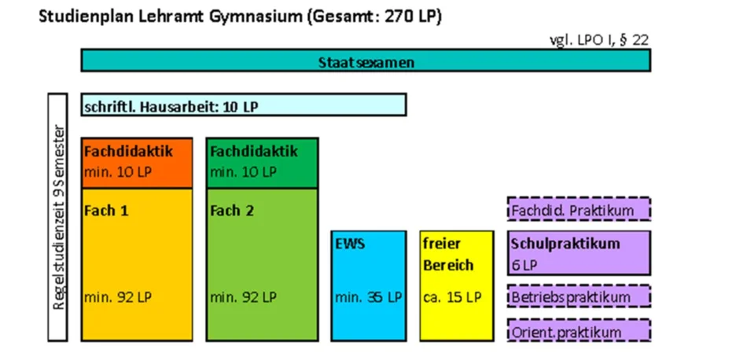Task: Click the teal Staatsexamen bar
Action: click(366, 61)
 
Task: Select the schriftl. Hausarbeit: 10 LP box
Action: click(244, 105)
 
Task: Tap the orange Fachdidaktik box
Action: click(137, 163)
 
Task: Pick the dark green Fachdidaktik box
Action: click(262, 163)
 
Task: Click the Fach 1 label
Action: click(106, 211)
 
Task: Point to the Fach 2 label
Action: click(232, 211)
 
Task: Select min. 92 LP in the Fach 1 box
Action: click(118, 297)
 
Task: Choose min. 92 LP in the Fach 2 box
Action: click(244, 297)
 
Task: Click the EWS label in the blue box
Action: click(350, 244)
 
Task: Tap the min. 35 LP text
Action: click(369, 297)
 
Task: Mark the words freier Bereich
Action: click(448, 255)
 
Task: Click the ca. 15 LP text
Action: click(453, 297)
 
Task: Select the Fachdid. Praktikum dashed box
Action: click(579, 209)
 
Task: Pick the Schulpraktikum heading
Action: click(565, 244)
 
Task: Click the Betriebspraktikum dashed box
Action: click(579, 296)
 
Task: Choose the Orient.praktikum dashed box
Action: click(579, 330)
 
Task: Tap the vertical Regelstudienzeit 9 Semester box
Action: click(58, 217)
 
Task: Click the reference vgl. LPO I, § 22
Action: click(599, 40)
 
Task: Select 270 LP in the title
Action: click(412, 17)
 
